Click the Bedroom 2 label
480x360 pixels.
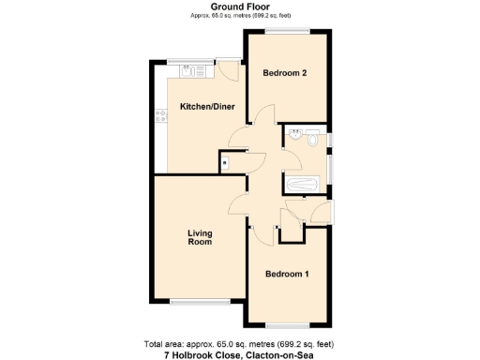click(286, 73)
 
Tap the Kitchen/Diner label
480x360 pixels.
click(205, 106)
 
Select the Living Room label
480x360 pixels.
click(200, 237)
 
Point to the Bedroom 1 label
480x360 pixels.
click(286, 274)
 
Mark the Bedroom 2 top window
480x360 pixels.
click(286, 32)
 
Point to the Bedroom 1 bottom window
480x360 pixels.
click(286, 323)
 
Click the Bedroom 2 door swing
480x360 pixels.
click(263, 117)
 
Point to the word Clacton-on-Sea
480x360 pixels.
click(280, 353)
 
